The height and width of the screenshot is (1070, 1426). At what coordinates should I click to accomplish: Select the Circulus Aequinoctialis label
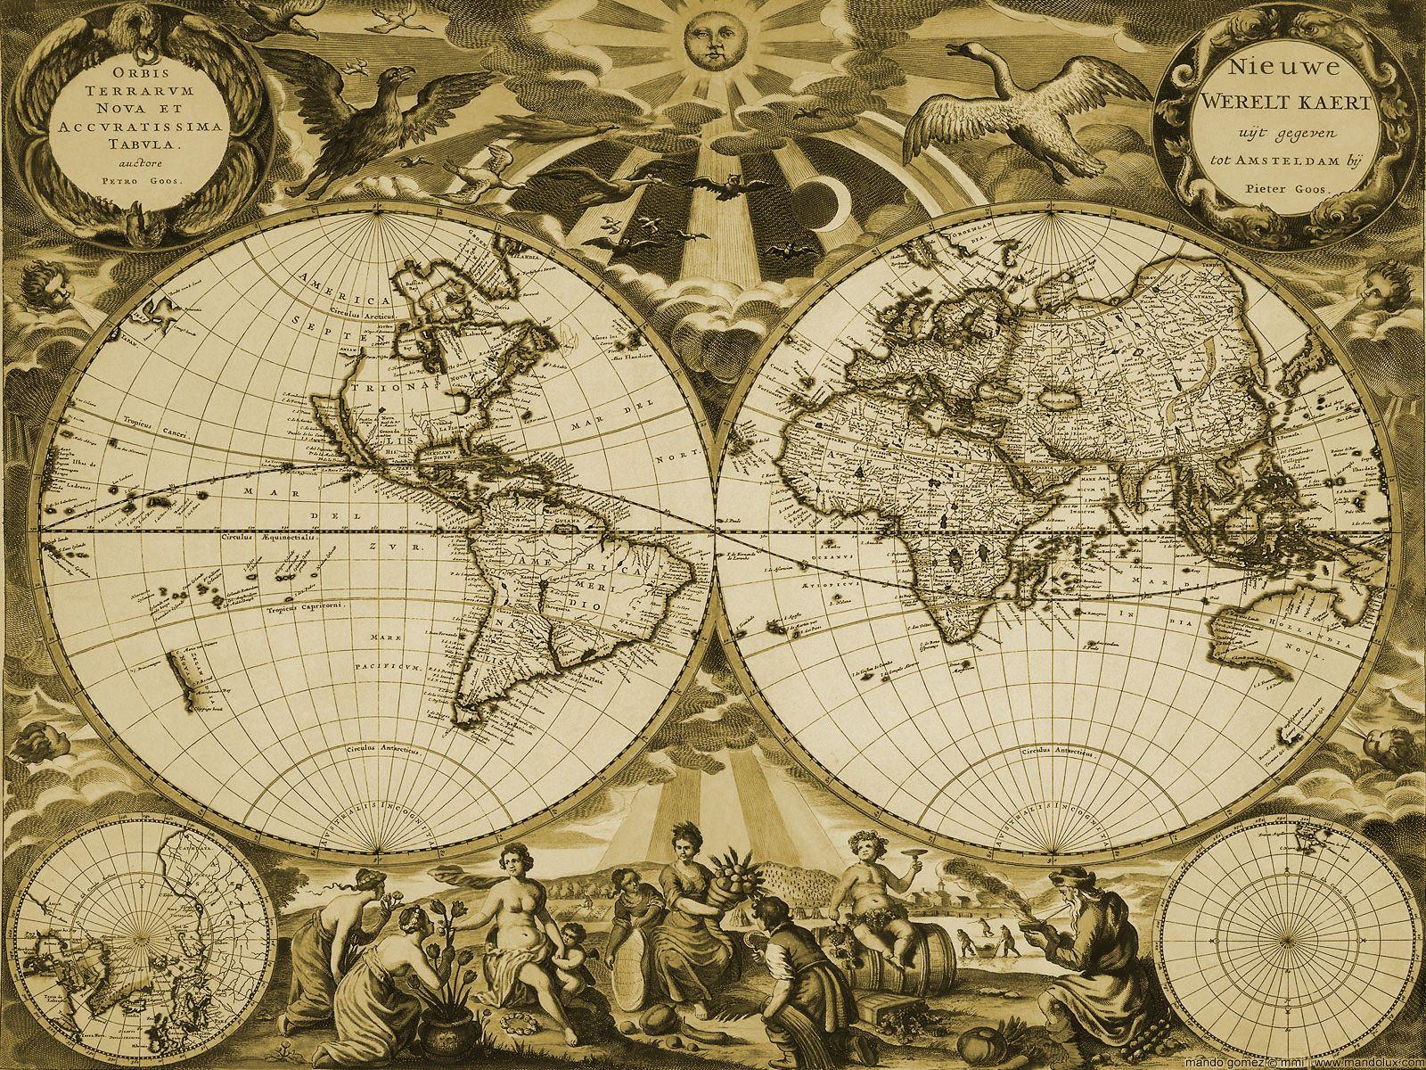tap(259, 539)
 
